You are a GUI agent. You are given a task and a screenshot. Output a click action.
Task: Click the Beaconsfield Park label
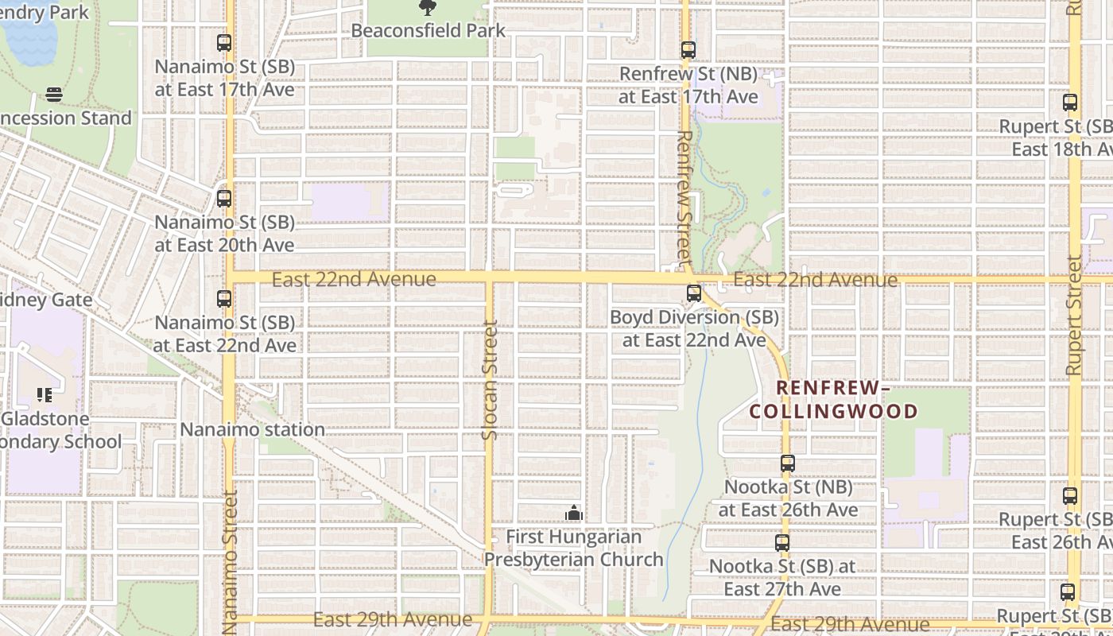pyautogui.click(x=428, y=31)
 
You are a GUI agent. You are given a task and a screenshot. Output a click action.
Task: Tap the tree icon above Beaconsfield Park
pyautogui.click(x=428, y=8)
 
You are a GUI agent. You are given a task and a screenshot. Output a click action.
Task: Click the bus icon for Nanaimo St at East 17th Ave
pyautogui.click(x=224, y=43)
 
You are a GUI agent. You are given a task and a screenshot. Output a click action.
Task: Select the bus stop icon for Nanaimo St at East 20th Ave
pyautogui.click(x=224, y=198)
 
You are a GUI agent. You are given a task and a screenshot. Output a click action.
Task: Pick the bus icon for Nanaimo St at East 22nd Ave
pyautogui.click(x=224, y=299)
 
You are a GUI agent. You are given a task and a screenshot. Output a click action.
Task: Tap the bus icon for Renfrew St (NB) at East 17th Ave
pyautogui.click(x=688, y=50)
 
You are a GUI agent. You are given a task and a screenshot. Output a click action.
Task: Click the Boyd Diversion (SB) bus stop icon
pyautogui.click(x=694, y=293)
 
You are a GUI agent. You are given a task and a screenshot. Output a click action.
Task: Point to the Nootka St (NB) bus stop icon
pyautogui.click(x=787, y=463)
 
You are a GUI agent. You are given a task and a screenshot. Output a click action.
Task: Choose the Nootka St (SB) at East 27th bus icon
pyautogui.click(x=782, y=543)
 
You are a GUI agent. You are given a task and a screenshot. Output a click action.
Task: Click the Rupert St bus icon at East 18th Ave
pyautogui.click(x=1070, y=103)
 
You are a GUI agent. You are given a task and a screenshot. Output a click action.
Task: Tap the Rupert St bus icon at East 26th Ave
pyautogui.click(x=1070, y=496)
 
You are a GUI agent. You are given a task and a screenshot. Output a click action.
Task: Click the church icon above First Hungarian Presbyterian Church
pyautogui.click(x=573, y=514)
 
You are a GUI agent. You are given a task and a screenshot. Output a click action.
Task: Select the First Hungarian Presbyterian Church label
pyautogui.click(x=574, y=549)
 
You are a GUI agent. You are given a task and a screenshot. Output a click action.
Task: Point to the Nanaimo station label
pyautogui.click(x=252, y=429)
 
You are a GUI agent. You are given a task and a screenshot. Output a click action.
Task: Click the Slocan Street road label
pyautogui.click(x=490, y=379)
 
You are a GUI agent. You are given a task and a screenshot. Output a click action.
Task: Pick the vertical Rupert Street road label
pyautogui.click(x=1074, y=315)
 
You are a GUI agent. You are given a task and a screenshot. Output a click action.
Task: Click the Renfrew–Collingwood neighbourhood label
pyautogui.click(x=833, y=400)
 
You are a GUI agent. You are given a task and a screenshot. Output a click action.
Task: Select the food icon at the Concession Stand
pyautogui.click(x=54, y=95)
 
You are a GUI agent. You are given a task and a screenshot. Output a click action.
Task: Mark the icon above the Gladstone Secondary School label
pyautogui.click(x=45, y=395)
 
